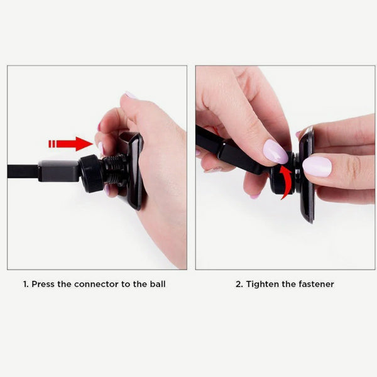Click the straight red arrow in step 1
click(72, 144)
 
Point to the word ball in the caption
click(158, 284)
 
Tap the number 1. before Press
click(26, 284)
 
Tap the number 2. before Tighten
click(239, 284)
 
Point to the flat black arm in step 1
click(23, 171)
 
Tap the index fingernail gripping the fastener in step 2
click(275, 151)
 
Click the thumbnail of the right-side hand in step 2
click(317, 167)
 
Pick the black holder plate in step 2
click(307, 176)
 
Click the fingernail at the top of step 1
click(130, 95)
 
